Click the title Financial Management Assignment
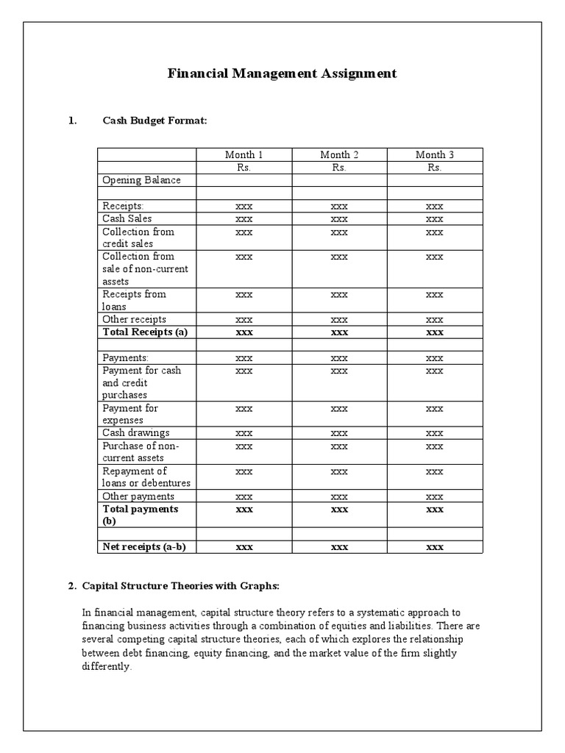(282, 74)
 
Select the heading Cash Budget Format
(154, 121)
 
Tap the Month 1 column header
(244, 154)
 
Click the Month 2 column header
(339, 154)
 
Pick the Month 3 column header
(434, 154)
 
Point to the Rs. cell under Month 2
(339, 168)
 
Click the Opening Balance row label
(141, 180)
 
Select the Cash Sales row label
(127, 218)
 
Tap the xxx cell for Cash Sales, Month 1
(244, 219)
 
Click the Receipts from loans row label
(134, 300)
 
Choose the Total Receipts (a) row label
(145, 332)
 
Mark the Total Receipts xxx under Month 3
(434, 332)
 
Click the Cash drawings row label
(135, 433)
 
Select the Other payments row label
(138, 496)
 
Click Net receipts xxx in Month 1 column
(244, 547)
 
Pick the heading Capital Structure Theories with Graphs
(180, 586)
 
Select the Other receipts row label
(134, 319)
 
